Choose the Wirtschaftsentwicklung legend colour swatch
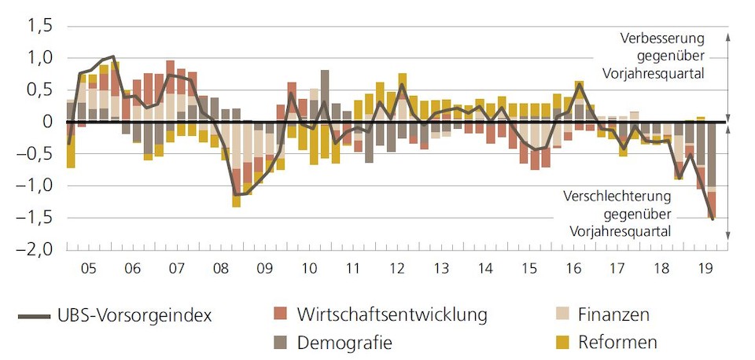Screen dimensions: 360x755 click(280, 315)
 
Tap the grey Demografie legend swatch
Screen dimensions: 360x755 click(280, 342)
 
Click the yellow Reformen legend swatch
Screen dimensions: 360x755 click(562, 342)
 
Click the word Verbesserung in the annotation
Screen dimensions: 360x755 click(661, 39)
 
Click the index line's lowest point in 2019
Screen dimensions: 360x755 click(713, 219)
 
